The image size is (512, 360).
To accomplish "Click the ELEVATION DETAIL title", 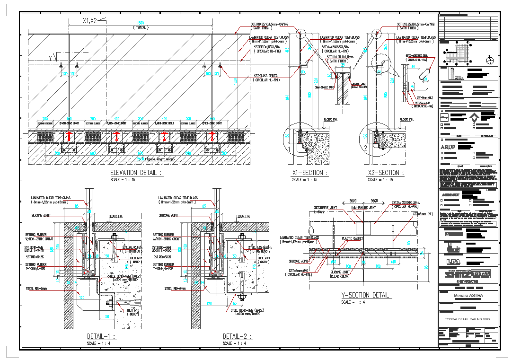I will pos(136,173).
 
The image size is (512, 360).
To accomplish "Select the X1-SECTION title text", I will pos(308,173).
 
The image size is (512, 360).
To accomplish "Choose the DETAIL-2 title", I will pos(237,336).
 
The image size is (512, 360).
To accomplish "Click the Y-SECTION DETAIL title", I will pos(367,295).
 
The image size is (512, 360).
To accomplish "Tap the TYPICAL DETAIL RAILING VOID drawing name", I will pos(468,319).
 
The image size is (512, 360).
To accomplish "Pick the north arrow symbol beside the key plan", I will pos(490,60).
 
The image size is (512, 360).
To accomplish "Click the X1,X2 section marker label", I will pos(90,21).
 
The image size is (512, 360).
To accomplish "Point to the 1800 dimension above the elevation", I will pos(140,23).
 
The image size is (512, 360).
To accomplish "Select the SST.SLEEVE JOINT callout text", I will pos(326,208).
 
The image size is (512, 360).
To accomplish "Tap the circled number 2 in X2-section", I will pos(366,148).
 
